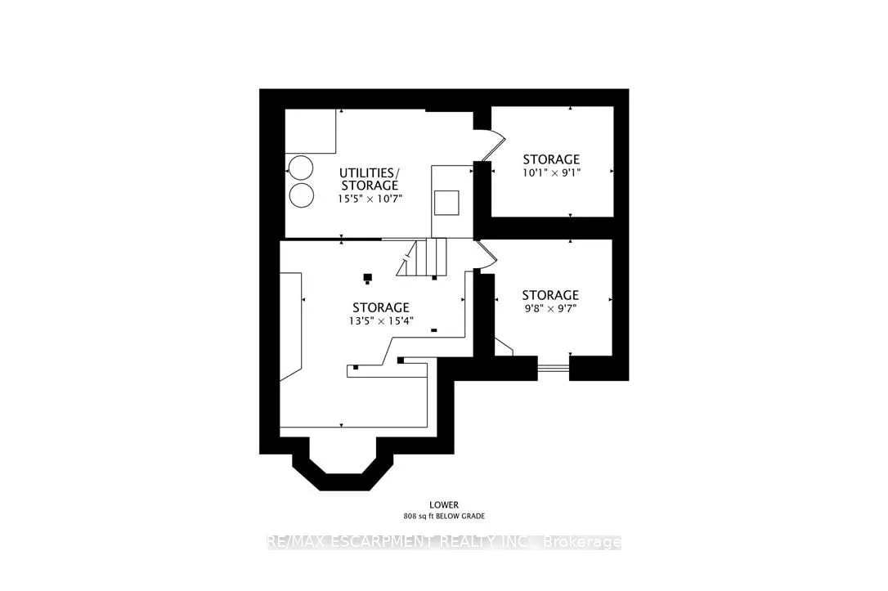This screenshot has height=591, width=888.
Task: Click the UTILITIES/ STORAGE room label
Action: (x=370, y=178)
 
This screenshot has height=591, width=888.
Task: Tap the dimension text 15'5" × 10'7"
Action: (x=370, y=199)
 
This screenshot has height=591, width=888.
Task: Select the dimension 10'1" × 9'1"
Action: (x=551, y=172)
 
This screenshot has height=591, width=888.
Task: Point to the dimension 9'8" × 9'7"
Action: (x=550, y=308)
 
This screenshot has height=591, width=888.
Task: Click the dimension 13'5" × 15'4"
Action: (x=381, y=321)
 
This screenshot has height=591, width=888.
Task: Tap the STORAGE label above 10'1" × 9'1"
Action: (x=551, y=159)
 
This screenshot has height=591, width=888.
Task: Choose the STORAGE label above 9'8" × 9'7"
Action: (x=550, y=295)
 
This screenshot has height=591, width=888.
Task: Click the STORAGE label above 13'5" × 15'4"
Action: (x=381, y=307)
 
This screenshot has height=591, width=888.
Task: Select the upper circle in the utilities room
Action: (x=300, y=168)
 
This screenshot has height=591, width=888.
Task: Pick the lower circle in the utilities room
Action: (x=301, y=195)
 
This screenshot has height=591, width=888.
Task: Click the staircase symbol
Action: (x=422, y=257)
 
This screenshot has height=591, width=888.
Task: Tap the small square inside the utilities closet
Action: (x=446, y=203)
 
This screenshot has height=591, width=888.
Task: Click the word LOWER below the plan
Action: (x=444, y=504)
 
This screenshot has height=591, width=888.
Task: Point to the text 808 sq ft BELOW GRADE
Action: (x=444, y=517)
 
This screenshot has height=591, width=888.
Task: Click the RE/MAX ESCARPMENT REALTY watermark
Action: (x=444, y=542)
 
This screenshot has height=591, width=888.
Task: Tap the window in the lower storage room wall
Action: (x=554, y=369)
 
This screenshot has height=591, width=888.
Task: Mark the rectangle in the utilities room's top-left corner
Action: (x=311, y=131)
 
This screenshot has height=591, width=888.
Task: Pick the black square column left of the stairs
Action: (x=367, y=277)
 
